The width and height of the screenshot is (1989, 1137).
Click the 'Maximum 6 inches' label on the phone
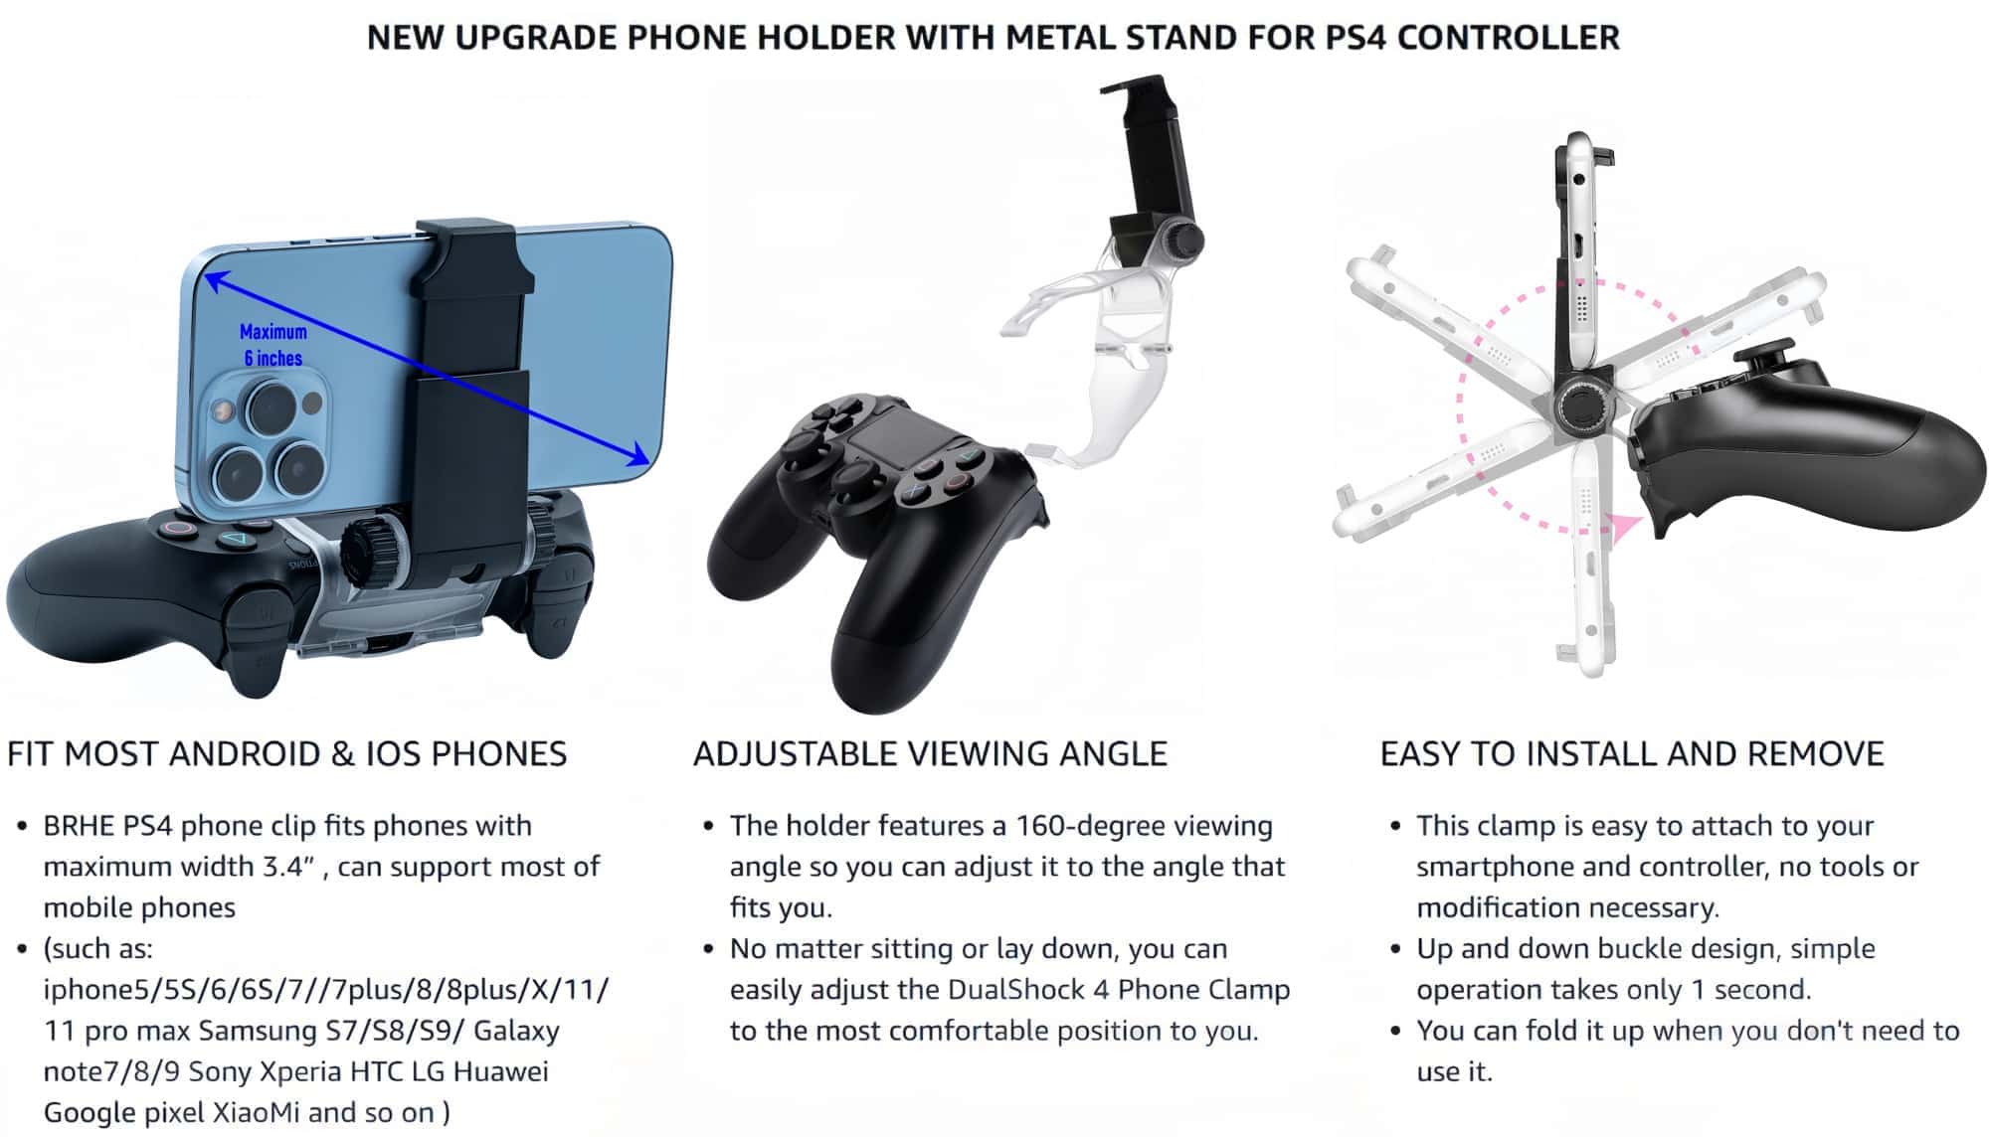pos(273,345)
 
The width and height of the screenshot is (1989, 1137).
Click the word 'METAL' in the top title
pos(1058,37)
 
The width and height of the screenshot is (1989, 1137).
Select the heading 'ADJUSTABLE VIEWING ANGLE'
pos(930,753)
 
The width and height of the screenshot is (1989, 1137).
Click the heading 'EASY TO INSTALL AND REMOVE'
pos(1632,753)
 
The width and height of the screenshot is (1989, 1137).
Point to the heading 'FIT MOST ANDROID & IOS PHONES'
pos(286,753)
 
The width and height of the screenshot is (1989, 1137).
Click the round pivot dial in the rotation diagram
pos(1581,406)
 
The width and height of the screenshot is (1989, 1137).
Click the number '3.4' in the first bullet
pos(282,867)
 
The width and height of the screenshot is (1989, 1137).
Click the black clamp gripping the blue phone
pos(467,388)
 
